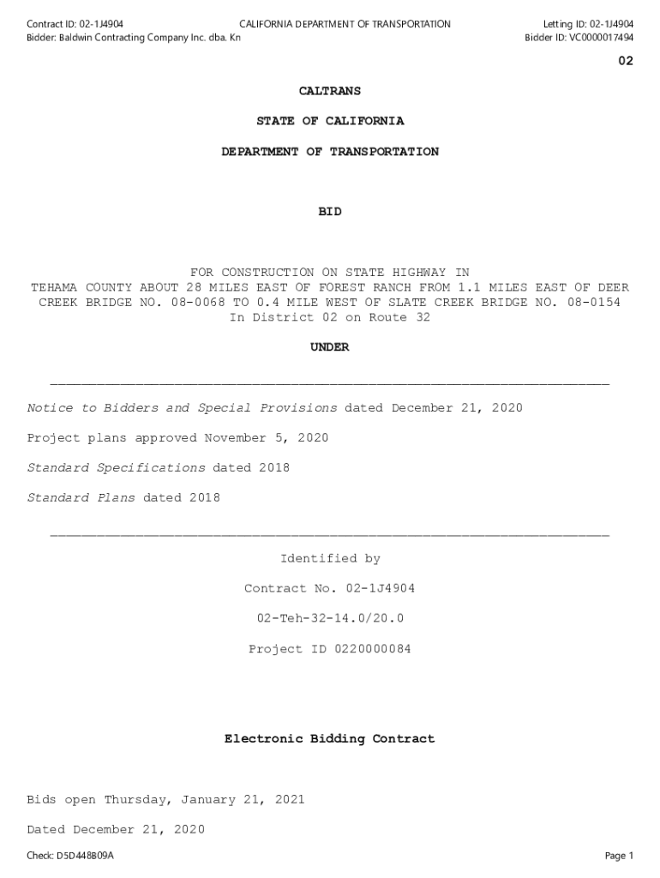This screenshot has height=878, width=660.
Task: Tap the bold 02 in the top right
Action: (x=626, y=61)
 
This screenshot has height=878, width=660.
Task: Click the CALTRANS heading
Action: (x=329, y=91)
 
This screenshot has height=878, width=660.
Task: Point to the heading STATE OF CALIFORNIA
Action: (x=329, y=121)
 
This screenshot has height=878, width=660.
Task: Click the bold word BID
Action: (x=329, y=212)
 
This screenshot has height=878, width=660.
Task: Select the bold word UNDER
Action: (x=329, y=347)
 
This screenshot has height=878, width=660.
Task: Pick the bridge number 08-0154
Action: (x=591, y=303)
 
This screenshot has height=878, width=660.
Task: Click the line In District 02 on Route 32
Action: (x=329, y=317)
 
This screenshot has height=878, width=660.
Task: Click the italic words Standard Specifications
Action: (x=116, y=468)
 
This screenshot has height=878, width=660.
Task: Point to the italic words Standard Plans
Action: (x=81, y=498)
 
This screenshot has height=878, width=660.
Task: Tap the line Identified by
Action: (x=329, y=559)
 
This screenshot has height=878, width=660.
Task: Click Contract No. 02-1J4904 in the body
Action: (x=329, y=589)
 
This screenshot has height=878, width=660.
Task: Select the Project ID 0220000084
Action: (x=329, y=649)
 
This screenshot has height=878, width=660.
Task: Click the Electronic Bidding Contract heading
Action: (x=329, y=739)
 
